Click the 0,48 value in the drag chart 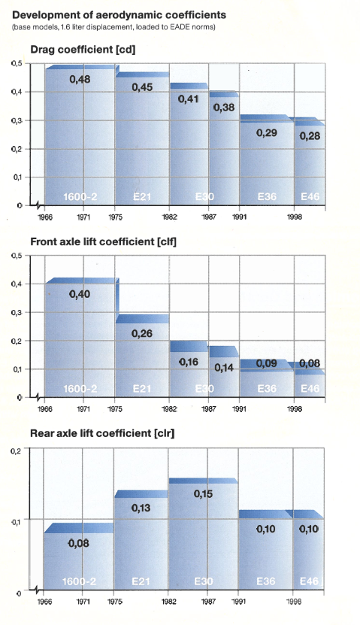pyautogui.click(x=80, y=79)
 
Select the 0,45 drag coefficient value pyautogui.click(x=142, y=87)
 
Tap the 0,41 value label pyautogui.click(x=189, y=99)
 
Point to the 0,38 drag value pyautogui.click(x=224, y=108)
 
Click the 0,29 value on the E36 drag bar pyautogui.click(x=266, y=132)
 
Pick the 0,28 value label pyautogui.click(x=310, y=136)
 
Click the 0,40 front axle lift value pyautogui.click(x=80, y=294)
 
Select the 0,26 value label pyautogui.click(x=142, y=333)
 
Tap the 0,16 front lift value pyautogui.click(x=189, y=362)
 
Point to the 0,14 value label pyautogui.click(x=224, y=368)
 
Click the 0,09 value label pyautogui.click(x=266, y=363)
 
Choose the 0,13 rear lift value pyautogui.click(x=141, y=508)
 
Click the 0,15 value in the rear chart pyautogui.click(x=204, y=494)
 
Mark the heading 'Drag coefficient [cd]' pyautogui.click(x=83, y=50)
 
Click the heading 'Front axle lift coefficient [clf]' pyautogui.click(x=103, y=241)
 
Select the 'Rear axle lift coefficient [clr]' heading pyautogui.click(x=102, y=433)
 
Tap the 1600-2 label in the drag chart pyautogui.click(x=80, y=196)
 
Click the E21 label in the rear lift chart pyautogui.click(x=141, y=581)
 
